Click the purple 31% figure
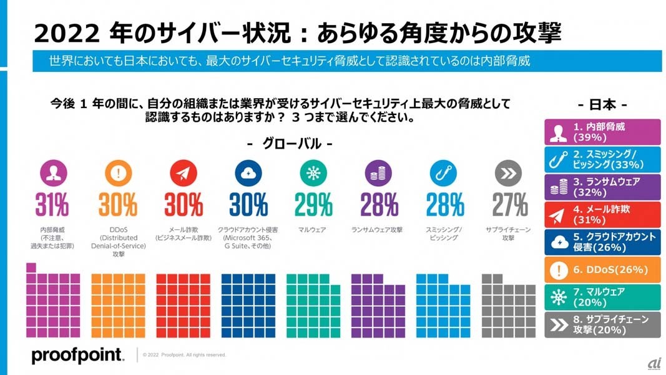[x=52, y=204]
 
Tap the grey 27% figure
[x=509, y=204]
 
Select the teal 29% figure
[x=313, y=204]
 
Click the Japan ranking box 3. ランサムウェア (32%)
[x=602, y=187]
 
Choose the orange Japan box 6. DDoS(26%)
[x=602, y=269]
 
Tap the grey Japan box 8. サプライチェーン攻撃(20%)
[x=602, y=324]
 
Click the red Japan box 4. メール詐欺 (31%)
[x=602, y=214]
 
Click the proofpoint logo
[x=77, y=355]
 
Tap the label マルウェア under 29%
[x=313, y=230]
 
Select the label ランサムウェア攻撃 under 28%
[x=378, y=230]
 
